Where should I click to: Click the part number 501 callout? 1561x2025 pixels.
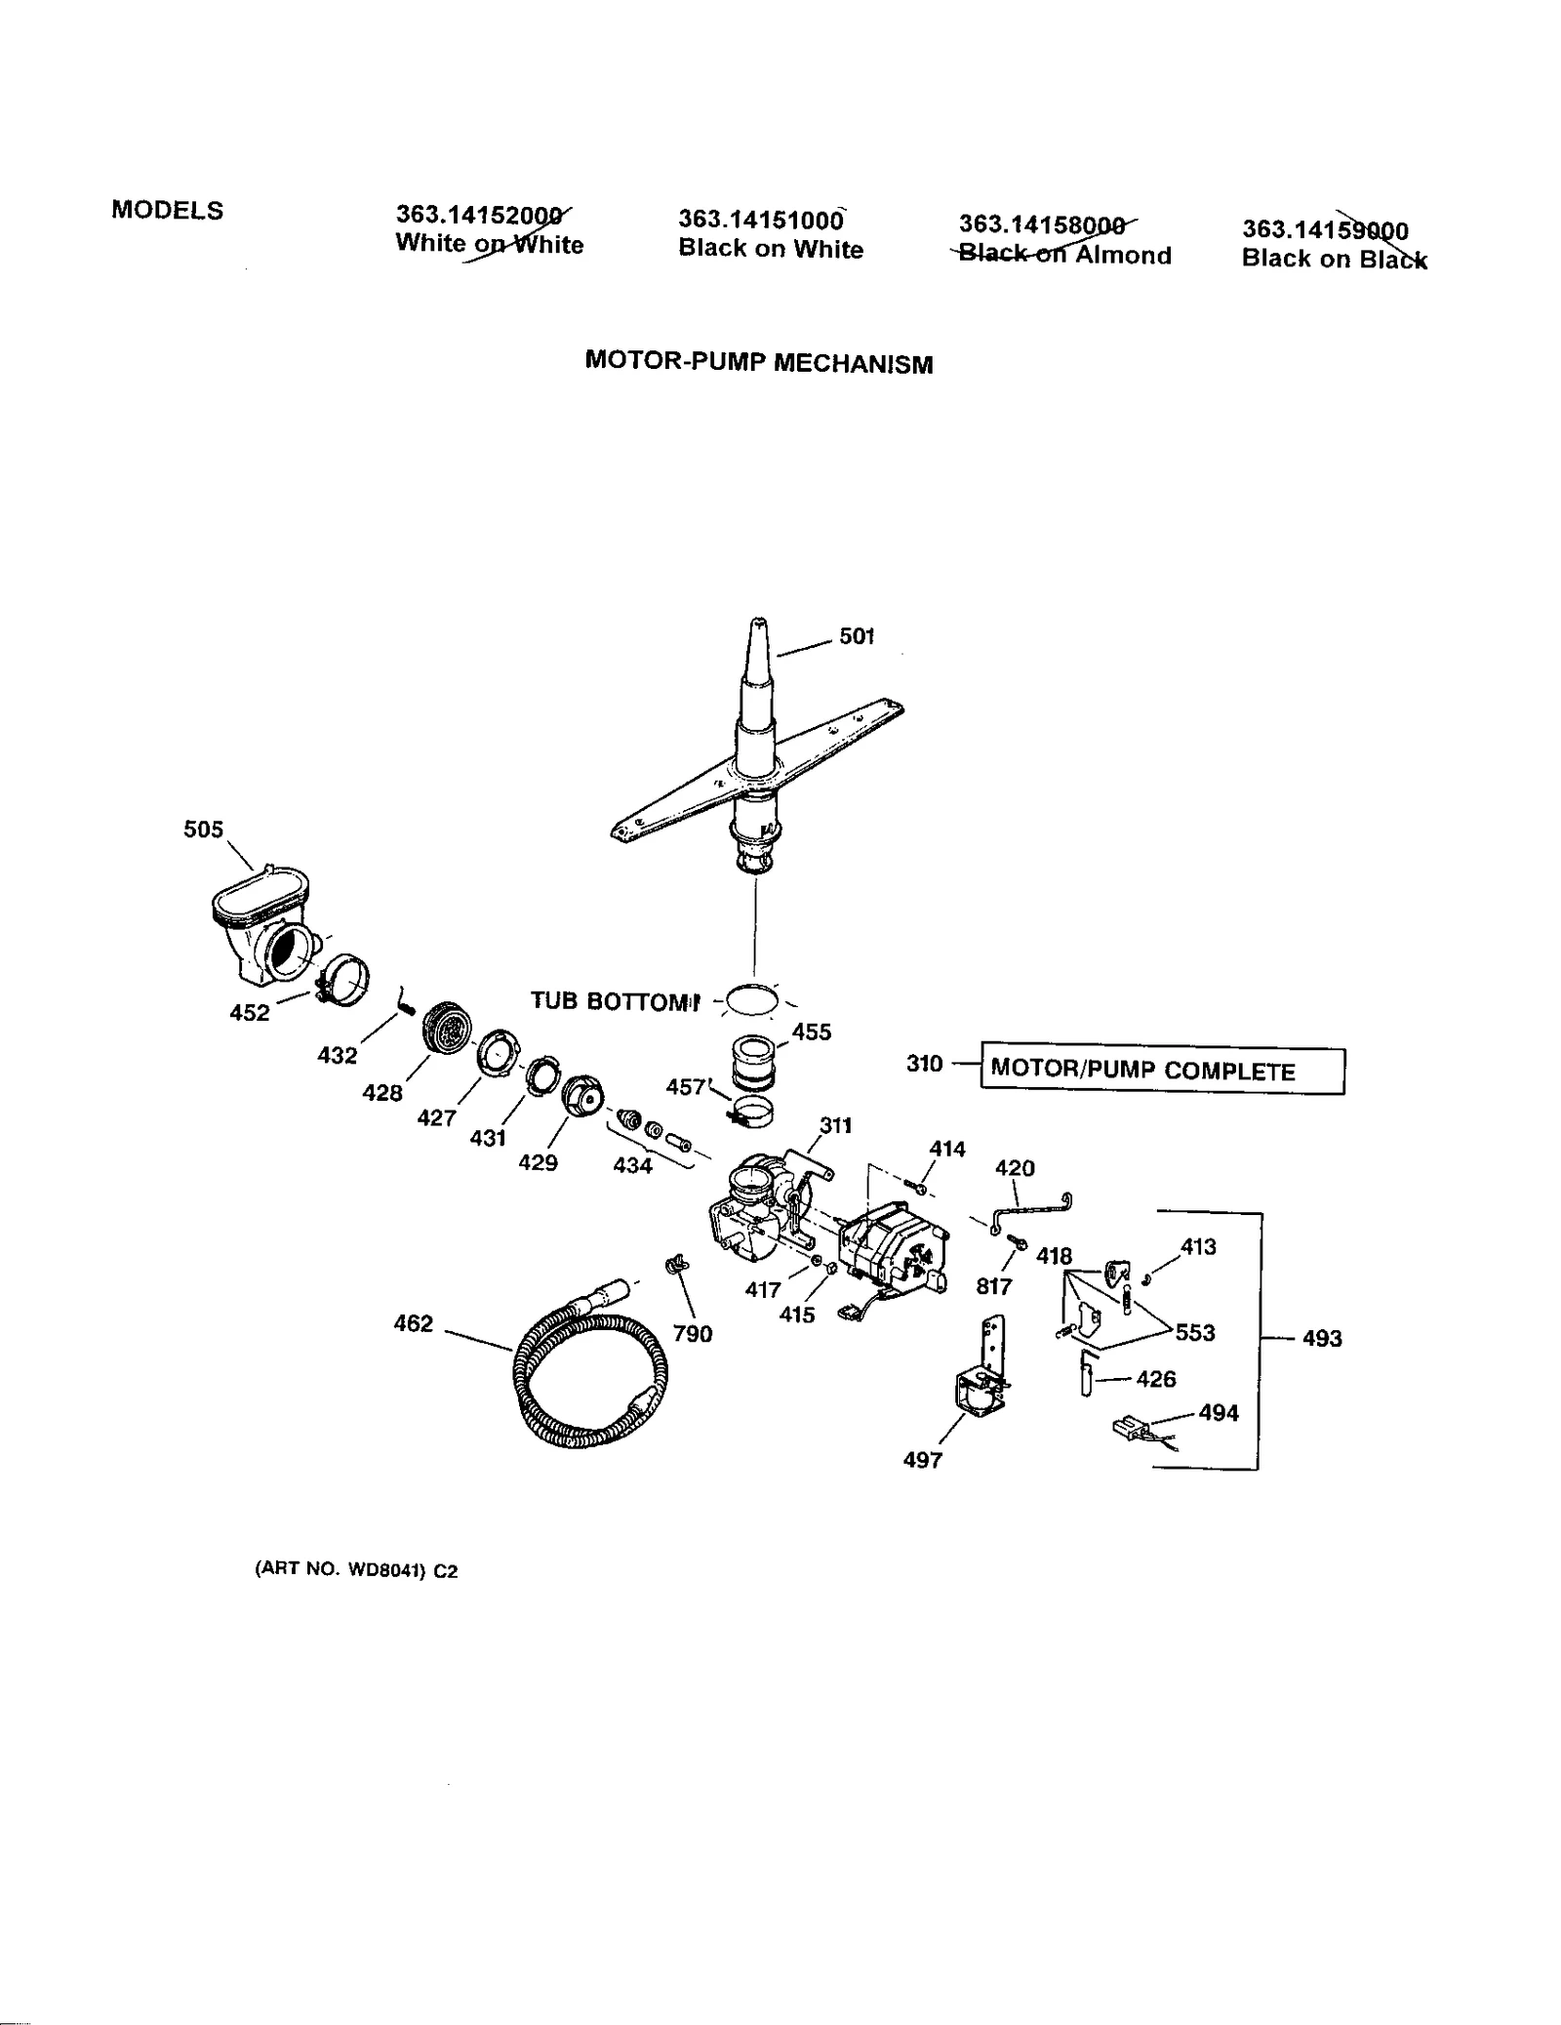(x=856, y=636)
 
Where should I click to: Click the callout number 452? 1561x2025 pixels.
(x=249, y=1013)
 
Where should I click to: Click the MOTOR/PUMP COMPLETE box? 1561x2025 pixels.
(x=1161, y=1071)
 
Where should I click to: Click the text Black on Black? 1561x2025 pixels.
(x=1333, y=260)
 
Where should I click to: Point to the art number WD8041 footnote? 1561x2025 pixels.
(x=355, y=1570)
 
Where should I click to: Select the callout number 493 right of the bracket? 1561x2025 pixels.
(x=1322, y=1338)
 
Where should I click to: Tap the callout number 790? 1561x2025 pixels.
(x=692, y=1333)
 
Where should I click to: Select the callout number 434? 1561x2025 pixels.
(x=632, y=1164)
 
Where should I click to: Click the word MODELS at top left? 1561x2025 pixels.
(x=167, y=210)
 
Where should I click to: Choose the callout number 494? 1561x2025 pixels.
(x=1218, y=1412)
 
